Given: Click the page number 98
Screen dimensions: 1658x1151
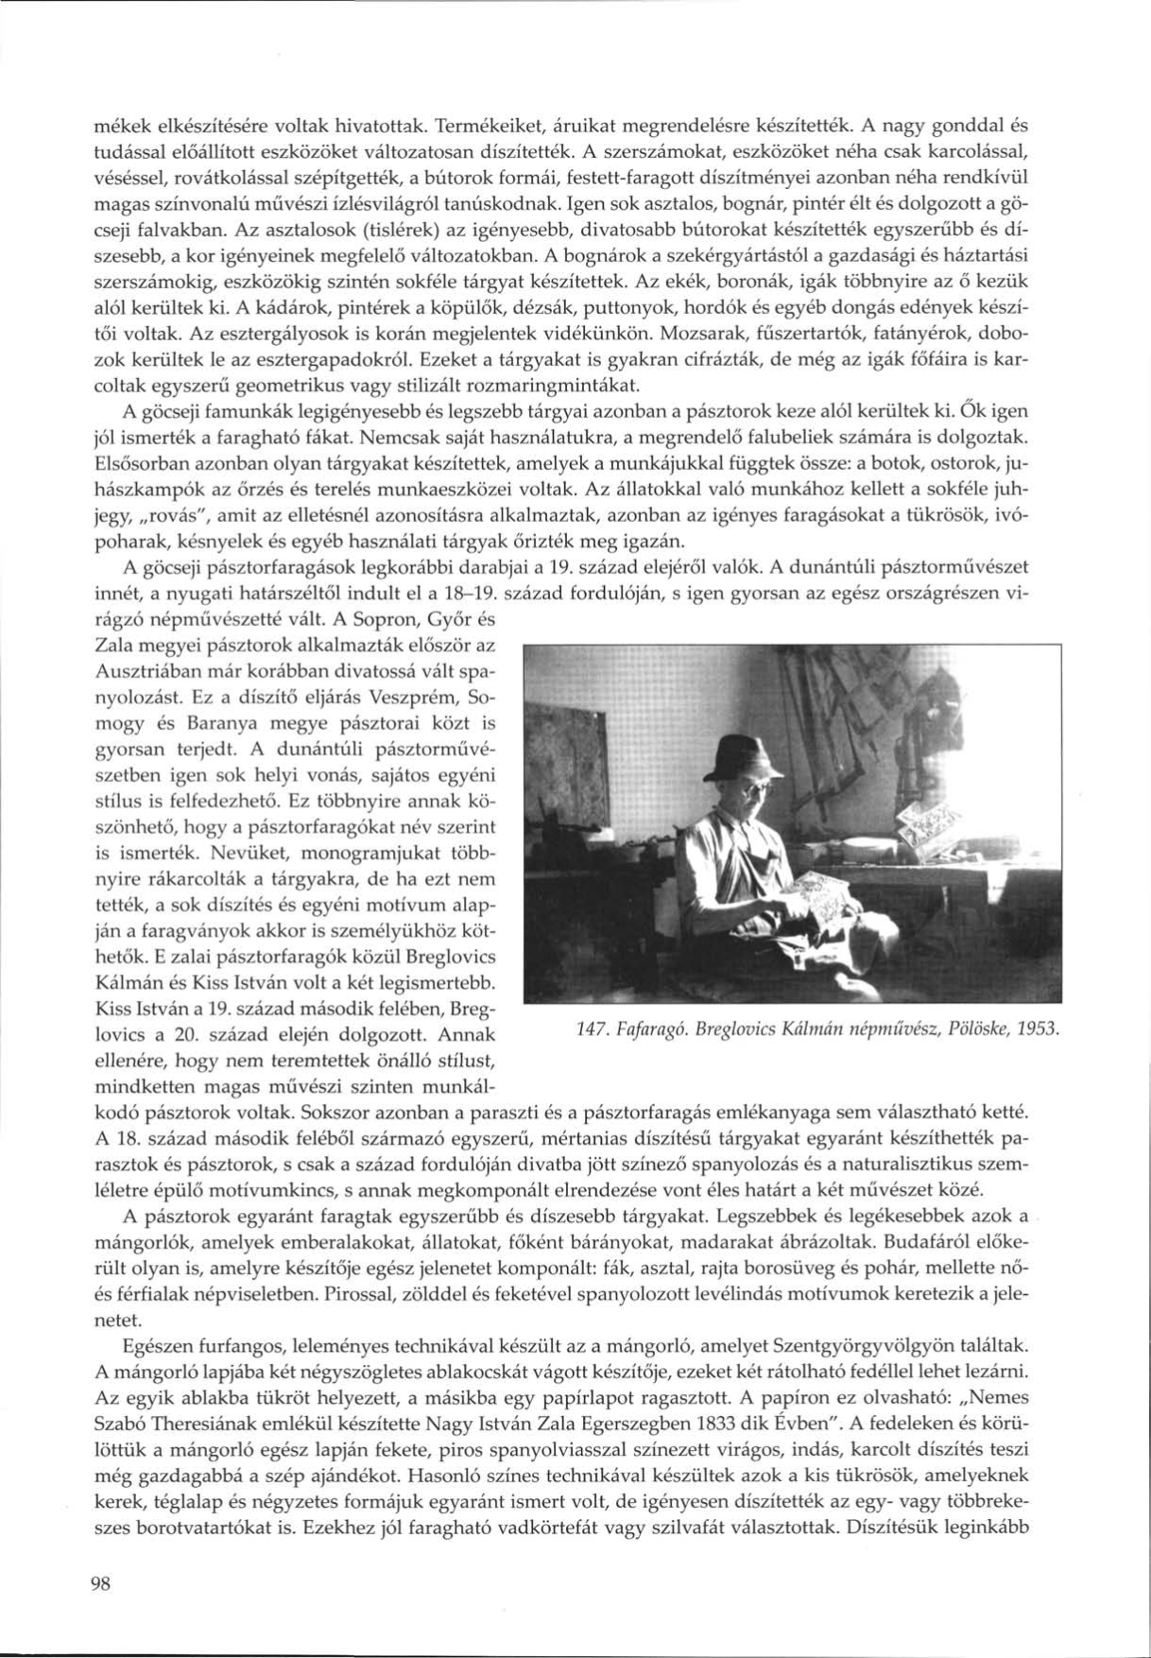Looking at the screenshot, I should coord(101,1585).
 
